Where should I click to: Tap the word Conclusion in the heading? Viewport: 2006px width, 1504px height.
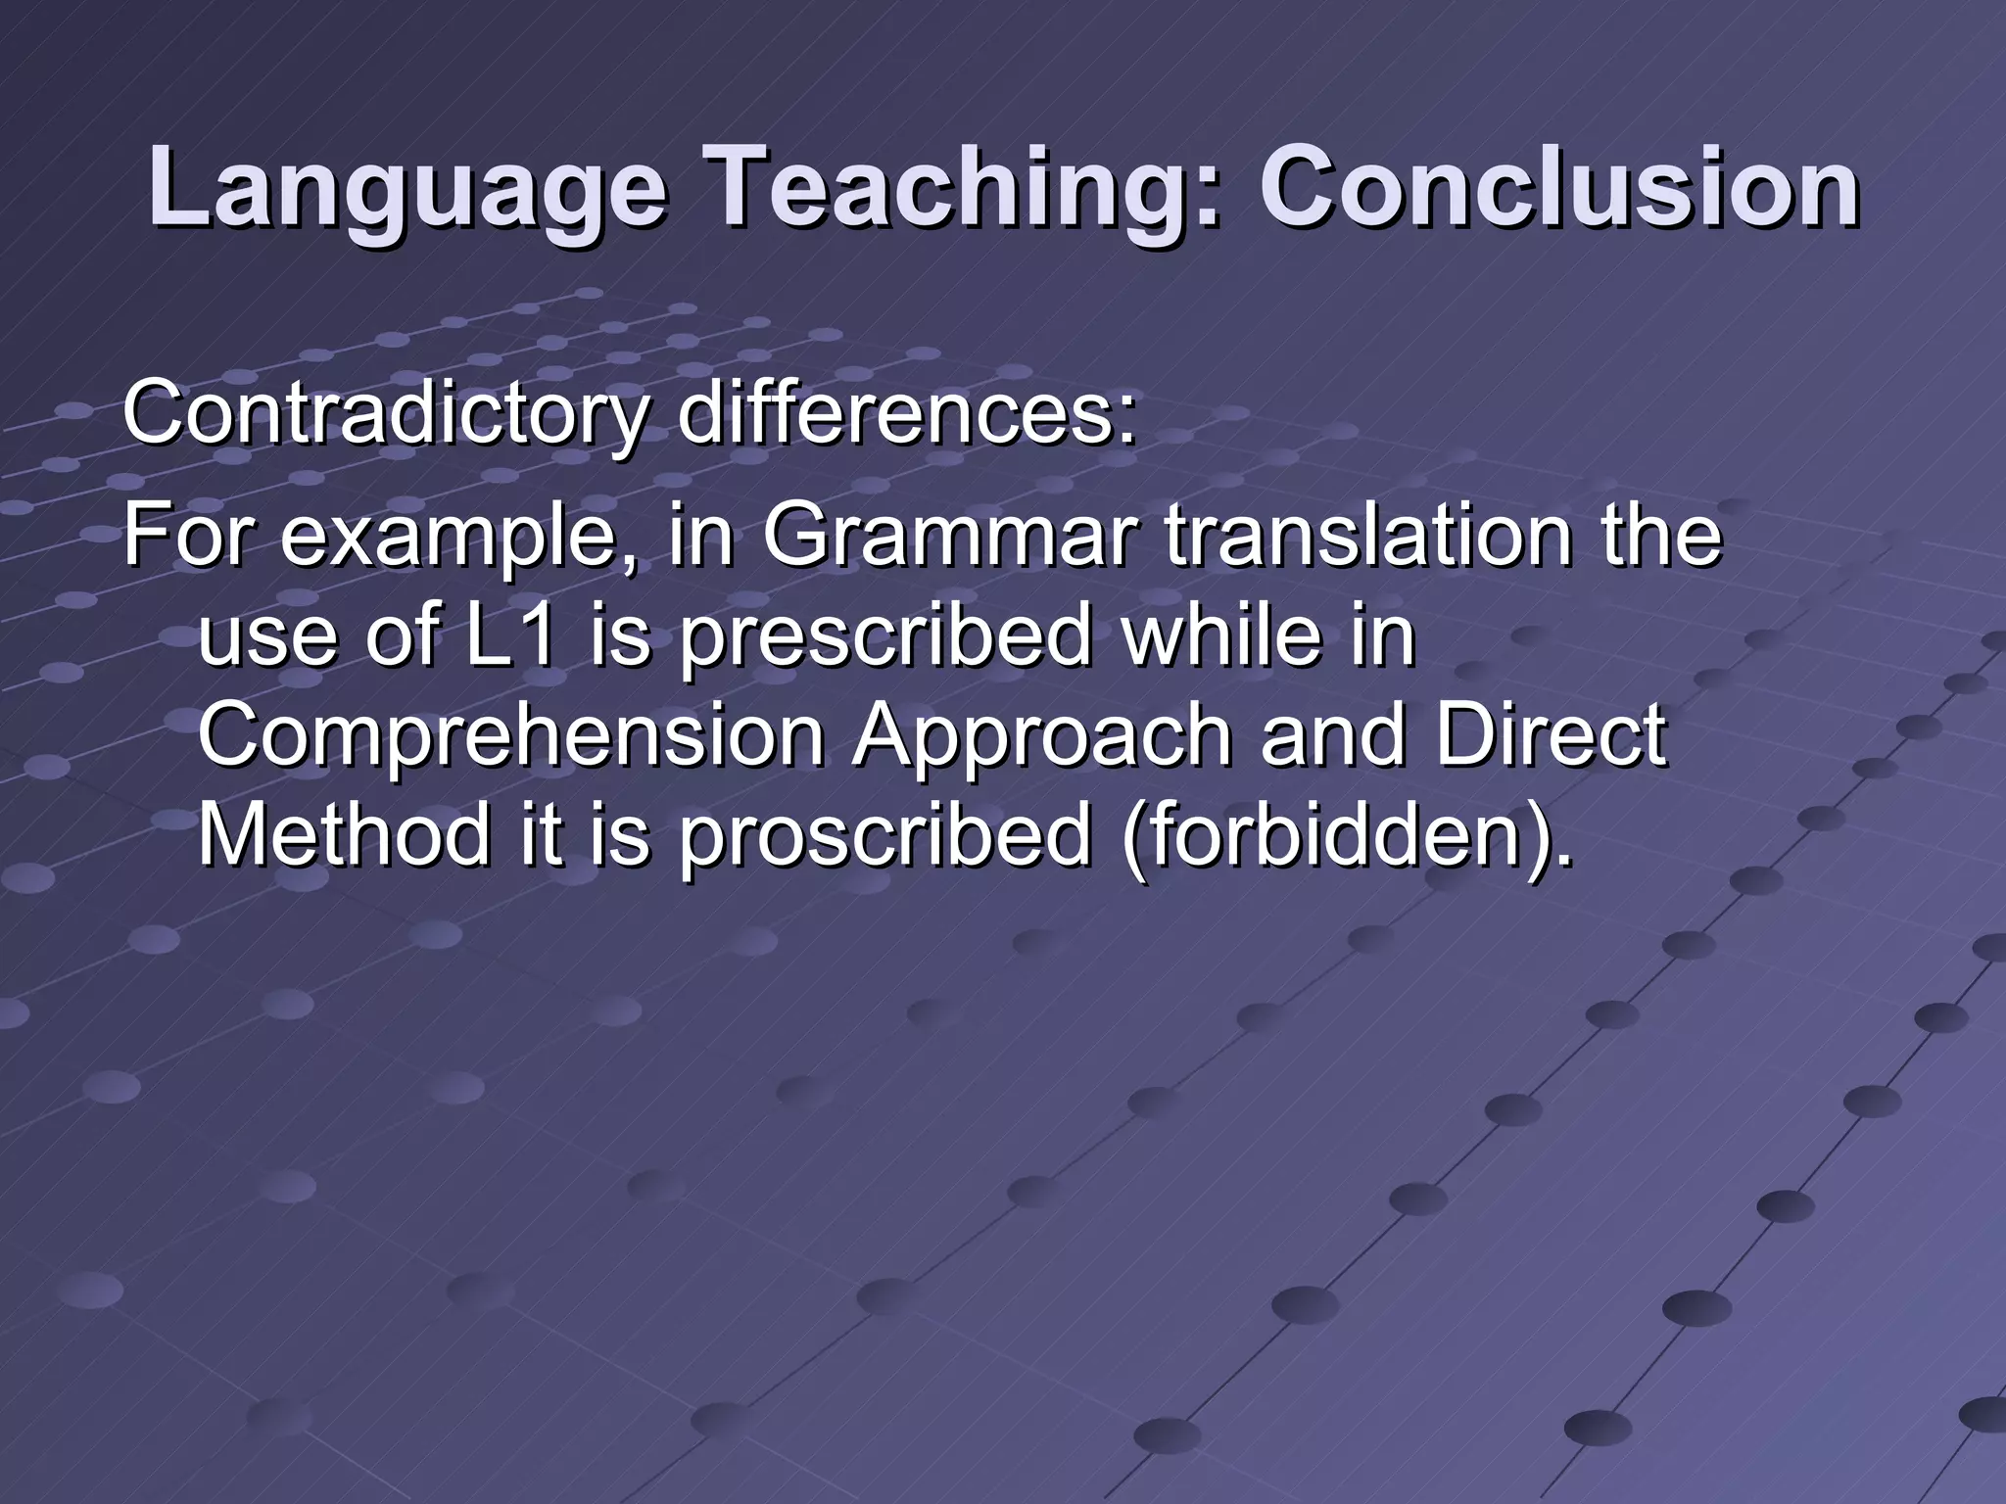(1558, 186)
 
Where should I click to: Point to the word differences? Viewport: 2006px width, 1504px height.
(906, 413)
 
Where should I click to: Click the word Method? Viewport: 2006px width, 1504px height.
(343, 834)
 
